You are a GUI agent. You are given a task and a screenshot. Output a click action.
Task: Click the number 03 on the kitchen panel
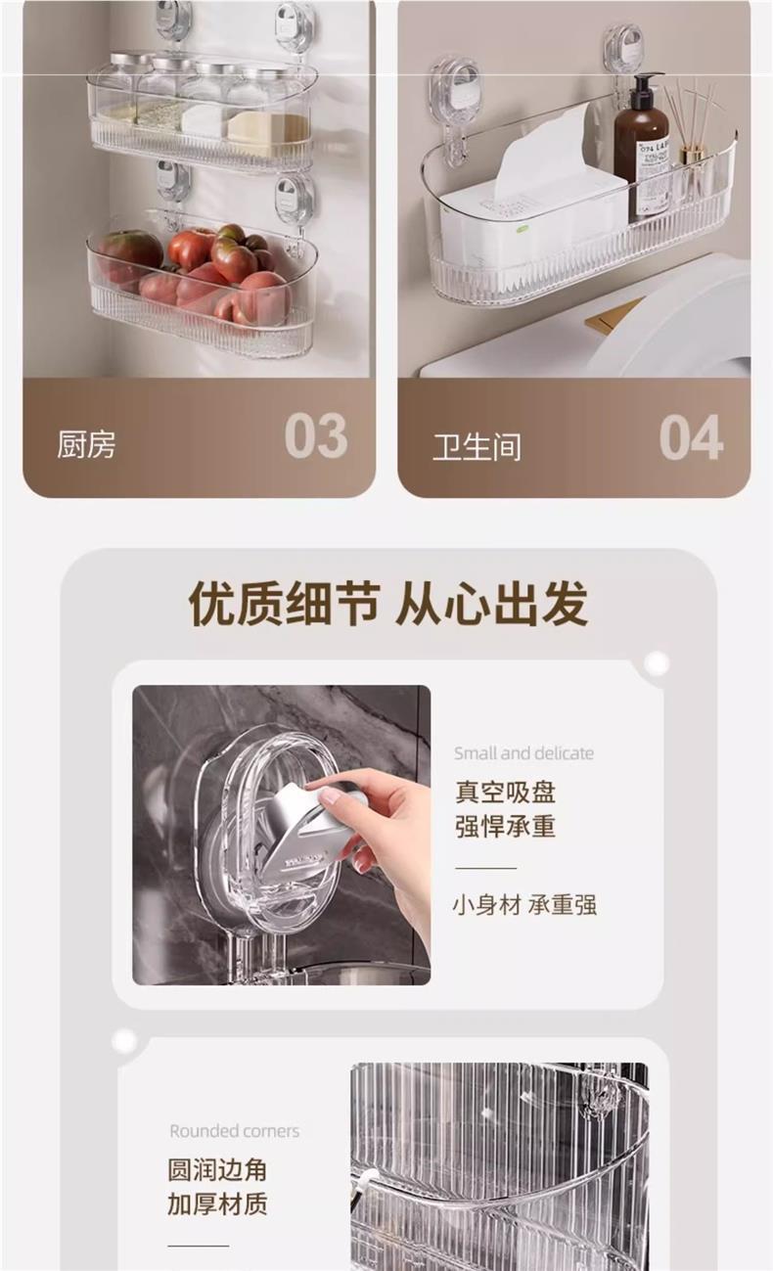tap(315, 436)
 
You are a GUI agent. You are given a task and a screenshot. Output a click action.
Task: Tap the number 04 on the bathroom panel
tap(691, 437)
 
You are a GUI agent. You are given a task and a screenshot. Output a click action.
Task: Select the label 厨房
tap(86, 444)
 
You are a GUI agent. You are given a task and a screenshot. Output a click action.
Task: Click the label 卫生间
tap(477, 446)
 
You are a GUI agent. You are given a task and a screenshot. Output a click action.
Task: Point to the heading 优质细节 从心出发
tap(387, 604)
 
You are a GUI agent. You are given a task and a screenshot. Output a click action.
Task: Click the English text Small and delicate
tap(523, 753)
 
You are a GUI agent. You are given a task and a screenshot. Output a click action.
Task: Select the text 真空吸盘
tap(505, 792)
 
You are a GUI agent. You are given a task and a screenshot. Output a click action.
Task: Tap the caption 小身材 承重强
tap(523, 905)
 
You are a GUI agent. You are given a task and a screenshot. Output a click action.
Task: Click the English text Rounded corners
tap(234, 1131)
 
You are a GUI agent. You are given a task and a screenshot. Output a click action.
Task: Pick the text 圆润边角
tap(216, 1170)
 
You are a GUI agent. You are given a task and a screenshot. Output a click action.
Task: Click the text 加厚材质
tap(216, 1204)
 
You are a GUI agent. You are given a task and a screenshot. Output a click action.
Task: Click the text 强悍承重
tap(505, 826)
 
